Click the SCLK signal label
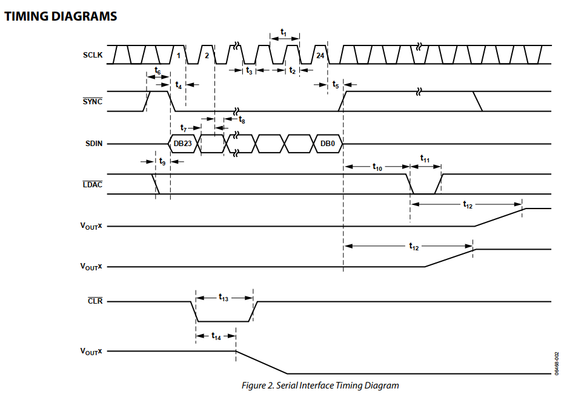click(x=93, y=55)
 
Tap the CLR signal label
click(x=95, y=301)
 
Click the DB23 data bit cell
click(x=183, y=144)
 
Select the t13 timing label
click(x=224, y=298)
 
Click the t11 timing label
click(x=425, y=159)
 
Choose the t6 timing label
click(x=158, y=70)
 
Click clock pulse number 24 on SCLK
click(x=320, y=55)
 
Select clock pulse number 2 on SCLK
click(x=207, y=55)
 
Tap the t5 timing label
click(x=336, y=85)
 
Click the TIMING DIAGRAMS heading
click(x=61, y=16)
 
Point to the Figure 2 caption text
click(x=320, y=385)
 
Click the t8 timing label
click(x=242, y=120)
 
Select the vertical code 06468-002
click(x=557, y=363)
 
